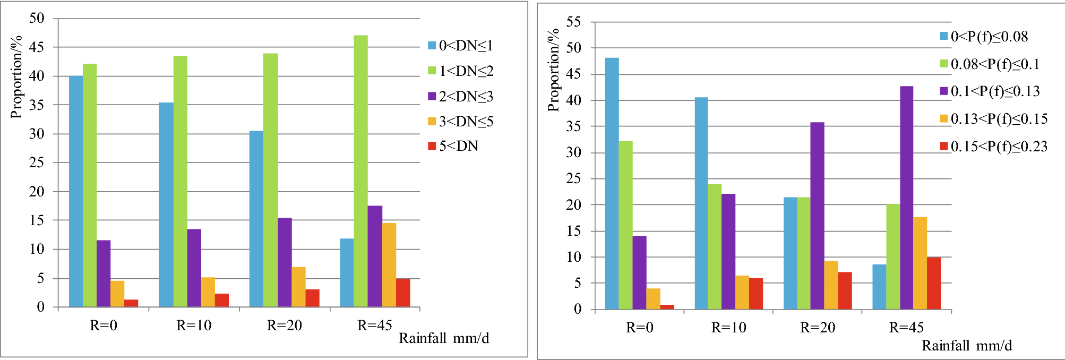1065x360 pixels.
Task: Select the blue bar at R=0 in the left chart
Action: (x=76, y=191)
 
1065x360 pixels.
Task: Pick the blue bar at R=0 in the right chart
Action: (x=612, y=183)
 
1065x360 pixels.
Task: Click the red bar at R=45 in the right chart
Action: (x=934, y=283)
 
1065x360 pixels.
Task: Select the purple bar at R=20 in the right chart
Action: (x=817, y=216)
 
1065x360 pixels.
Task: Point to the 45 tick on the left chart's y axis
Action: (x=37, y=47)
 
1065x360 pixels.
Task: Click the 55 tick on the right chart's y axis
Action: (x=574, y=22)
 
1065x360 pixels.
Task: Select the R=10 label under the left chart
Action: (x=194, y=325)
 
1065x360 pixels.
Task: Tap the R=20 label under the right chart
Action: (x=818, y=328)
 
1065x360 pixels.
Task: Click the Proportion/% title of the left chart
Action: (x=17, y=77)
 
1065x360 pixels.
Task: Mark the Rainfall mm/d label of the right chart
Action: (x=967, y=346)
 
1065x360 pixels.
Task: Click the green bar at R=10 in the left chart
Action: (x=181, y=181)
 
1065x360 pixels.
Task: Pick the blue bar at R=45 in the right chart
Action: (x=879, y=287)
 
